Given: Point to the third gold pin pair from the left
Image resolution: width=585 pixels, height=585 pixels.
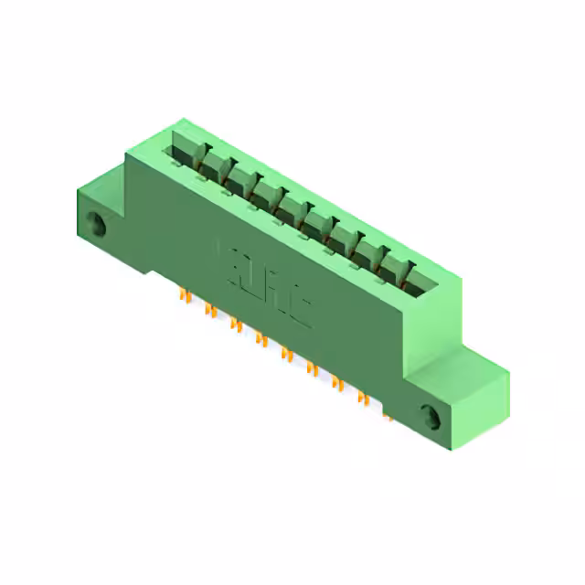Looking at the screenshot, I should click(x=236, y=324).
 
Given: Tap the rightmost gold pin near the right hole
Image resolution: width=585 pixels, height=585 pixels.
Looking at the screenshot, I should click(x=388, y=413).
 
